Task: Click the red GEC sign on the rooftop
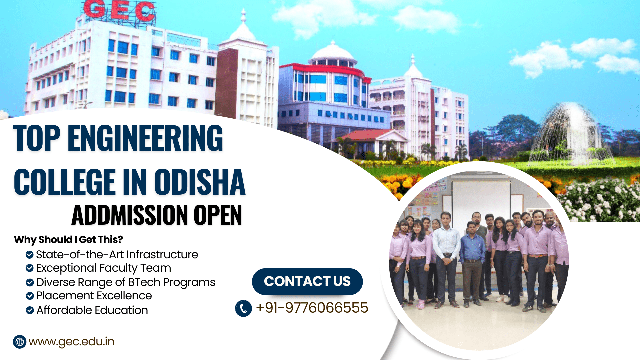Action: click(x=119, y=10)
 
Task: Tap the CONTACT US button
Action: click(x=307, y=281)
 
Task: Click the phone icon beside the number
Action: click(x=243, y=308)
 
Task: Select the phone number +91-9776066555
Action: click(x=312, y=308)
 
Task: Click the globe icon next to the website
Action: click(x=20, y=342)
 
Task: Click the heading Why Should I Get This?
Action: click(x=68, y=239)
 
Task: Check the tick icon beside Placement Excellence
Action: click(x=30, y=296)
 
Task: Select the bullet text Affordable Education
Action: click(x=92, y=310)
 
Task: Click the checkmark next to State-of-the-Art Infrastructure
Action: click(x=30, y=255)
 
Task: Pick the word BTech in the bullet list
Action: click(x=144, y=282)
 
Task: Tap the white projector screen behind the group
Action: click(x=481, y=200)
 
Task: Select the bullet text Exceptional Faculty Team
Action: click(x=103, y=268)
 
